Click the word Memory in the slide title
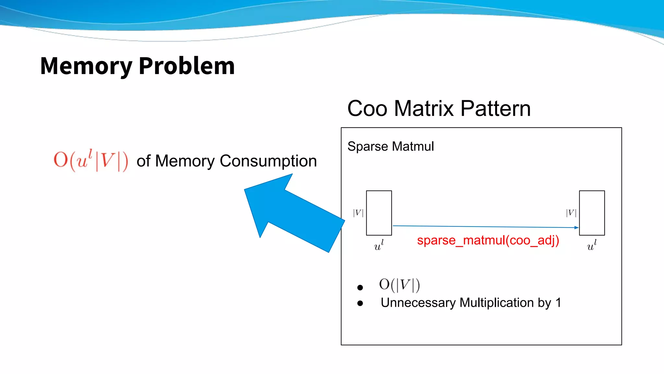[86, 66]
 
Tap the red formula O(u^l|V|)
[91, 160]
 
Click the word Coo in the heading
[367, 108]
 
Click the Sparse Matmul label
[390, 146]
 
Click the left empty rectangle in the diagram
[379, 213]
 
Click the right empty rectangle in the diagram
[592, 213]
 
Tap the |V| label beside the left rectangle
[358, 213]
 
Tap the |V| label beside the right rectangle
[571, 213]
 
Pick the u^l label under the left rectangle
[379, 245]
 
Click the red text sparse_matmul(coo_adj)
[488, 241]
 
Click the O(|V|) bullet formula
[399, 285]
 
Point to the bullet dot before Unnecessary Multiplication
[360, 303]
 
